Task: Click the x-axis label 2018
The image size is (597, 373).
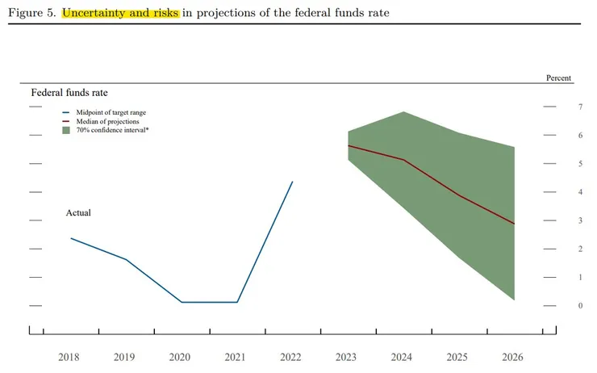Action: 69,357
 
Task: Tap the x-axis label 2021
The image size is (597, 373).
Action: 235,357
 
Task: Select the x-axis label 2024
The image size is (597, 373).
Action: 402,357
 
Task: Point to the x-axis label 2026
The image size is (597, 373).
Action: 513,357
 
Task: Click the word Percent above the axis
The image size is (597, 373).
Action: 558,78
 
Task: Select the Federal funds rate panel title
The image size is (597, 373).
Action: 69,93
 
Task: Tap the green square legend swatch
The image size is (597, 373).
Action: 66,130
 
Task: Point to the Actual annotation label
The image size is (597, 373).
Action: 78,212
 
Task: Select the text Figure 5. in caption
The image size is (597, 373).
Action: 31,13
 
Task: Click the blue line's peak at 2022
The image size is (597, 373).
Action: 292,182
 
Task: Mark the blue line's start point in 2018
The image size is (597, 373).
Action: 71,238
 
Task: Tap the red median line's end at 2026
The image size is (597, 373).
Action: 514,224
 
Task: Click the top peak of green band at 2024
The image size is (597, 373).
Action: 403,112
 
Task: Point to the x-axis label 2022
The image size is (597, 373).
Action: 290,357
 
